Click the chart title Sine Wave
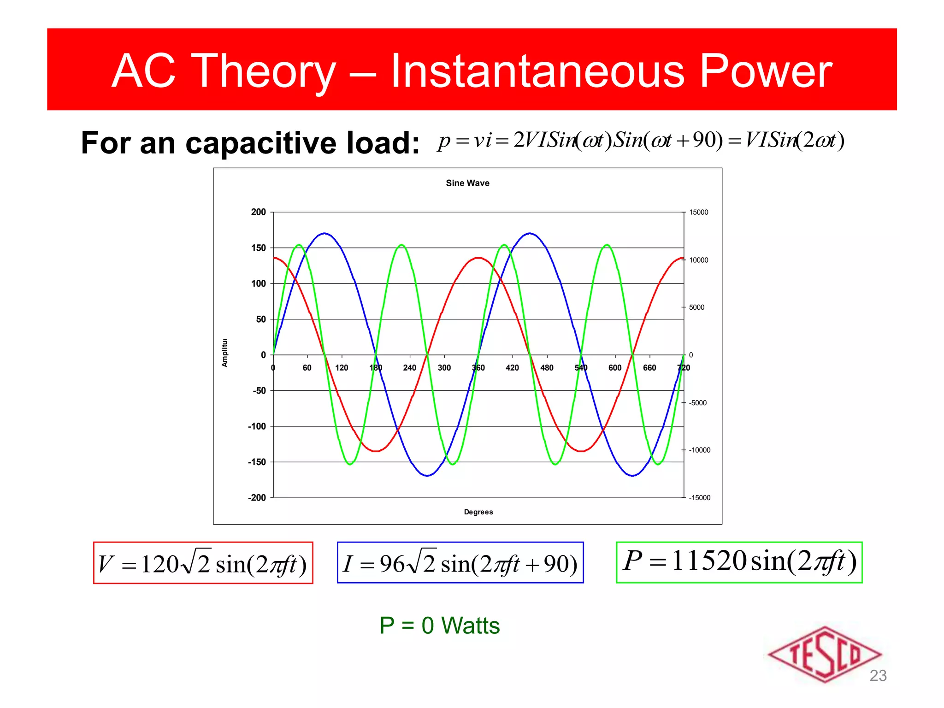[x=467, y=183]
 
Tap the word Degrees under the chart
[x=478, y=512]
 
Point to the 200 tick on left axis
[x=259, y=212]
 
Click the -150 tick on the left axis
[x=257, y=462]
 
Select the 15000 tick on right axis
[x=698, y=212]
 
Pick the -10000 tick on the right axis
[x=699, y=450]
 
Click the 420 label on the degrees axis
[x=512, y=368]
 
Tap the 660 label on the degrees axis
[x=649, y=368]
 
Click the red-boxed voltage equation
[x=203, y=563]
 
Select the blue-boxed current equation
[x=460, y=563]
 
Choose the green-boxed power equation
[x=739, y=562]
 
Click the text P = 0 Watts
[x=439, y=625]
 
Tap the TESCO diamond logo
[x=824, y=655]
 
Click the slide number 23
[x=878, y=676]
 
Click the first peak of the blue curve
[x=325, y=233]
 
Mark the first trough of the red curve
[x=376, y=451]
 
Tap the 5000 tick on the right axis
[x=696, y=307]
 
